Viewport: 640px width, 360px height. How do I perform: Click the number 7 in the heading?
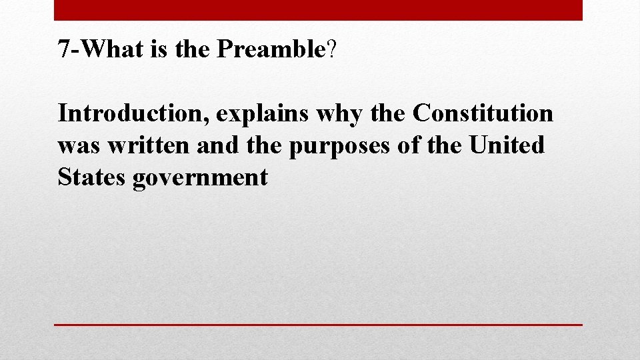pos(64,49)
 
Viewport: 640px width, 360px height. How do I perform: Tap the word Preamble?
pos(271,49)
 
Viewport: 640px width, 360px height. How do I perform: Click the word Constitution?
pos(483,113)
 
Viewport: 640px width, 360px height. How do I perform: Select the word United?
pos(507,145)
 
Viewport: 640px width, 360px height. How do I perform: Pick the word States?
pos(92,177)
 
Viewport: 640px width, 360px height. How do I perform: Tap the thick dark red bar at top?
pos(318,10)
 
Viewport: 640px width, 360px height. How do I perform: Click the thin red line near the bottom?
pos(318,325)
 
